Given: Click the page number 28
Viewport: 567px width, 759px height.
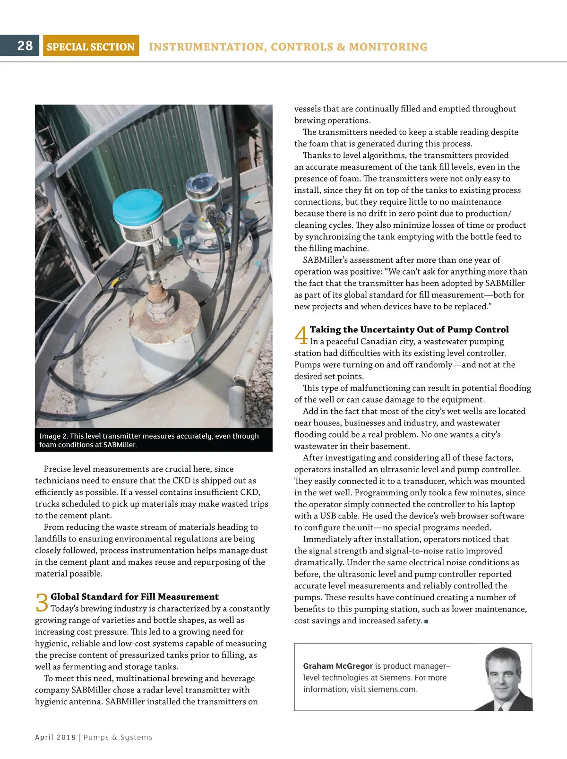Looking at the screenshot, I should [x=25, y=45].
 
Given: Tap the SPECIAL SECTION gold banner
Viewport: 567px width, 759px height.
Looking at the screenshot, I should [x=91, y=46].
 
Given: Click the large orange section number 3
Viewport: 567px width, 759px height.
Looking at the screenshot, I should [x=42, y=603].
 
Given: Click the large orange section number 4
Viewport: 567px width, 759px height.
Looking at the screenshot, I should [x=301, y=336].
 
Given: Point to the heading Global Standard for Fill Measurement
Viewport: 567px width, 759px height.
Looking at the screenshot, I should [x=135, y=596].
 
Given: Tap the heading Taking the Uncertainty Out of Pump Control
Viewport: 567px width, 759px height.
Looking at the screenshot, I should [x=409, y=329].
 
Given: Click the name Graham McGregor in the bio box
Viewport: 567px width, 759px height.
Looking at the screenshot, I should [x=338, y=666].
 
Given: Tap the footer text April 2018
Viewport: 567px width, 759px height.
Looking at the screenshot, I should [x=55, y=737].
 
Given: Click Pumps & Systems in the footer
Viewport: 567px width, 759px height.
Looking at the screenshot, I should [x=118, y=737].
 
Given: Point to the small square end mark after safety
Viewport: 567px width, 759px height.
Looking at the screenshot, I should [x=426, y=621].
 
